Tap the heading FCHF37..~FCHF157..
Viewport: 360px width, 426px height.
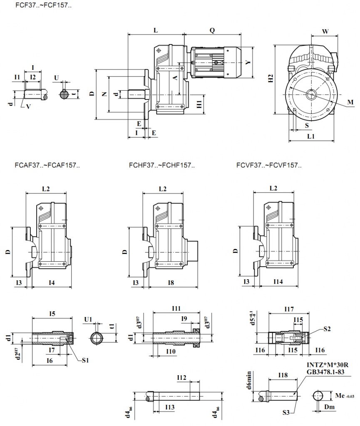coord(162,165)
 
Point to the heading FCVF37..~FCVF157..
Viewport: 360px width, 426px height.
coord(269,165)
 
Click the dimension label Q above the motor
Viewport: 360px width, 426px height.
coord(212,30)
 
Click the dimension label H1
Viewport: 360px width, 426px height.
coord(199,104)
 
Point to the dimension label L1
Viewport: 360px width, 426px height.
coord(310,136)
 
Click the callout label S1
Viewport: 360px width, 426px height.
coord(85,360)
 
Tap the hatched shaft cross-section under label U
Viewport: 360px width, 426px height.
coord(63,94)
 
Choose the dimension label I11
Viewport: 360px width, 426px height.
coord(176,308)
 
